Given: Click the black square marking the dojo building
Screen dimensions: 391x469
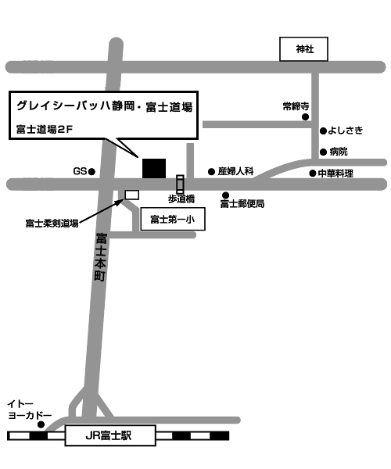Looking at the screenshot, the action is tap(154, 168).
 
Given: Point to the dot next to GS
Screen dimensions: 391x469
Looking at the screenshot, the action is tap(91, 172).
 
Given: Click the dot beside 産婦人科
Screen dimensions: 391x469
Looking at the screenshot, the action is tap(211, 172).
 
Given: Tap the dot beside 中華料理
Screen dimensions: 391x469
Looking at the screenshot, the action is tap(313, 174).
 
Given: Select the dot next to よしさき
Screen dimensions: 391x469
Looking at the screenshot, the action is tap(323, 131).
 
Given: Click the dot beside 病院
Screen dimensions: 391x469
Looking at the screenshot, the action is tap(323, 152).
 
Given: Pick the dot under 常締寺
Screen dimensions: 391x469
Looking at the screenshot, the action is tap(305, 117).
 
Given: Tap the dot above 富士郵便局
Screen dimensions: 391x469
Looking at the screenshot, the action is tap(225, 195).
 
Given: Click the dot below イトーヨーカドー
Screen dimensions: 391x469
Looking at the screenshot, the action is tap(41, 424).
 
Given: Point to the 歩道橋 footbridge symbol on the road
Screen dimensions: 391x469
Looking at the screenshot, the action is tap(180, 184).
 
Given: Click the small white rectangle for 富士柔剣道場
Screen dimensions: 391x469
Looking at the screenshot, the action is tap(132, 195).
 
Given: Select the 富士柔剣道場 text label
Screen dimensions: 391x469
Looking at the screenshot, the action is tap(52, 223).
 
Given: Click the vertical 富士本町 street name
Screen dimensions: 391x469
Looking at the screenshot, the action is tap(101, 257).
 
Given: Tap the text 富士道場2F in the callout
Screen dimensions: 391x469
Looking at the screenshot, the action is tap(45, 129).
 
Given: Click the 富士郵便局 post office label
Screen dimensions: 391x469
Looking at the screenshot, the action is tap(242, 204).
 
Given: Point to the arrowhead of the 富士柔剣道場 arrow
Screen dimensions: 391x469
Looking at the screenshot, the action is tap(121, 201).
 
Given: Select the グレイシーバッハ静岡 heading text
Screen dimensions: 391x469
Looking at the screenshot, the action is tap(75, 106).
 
